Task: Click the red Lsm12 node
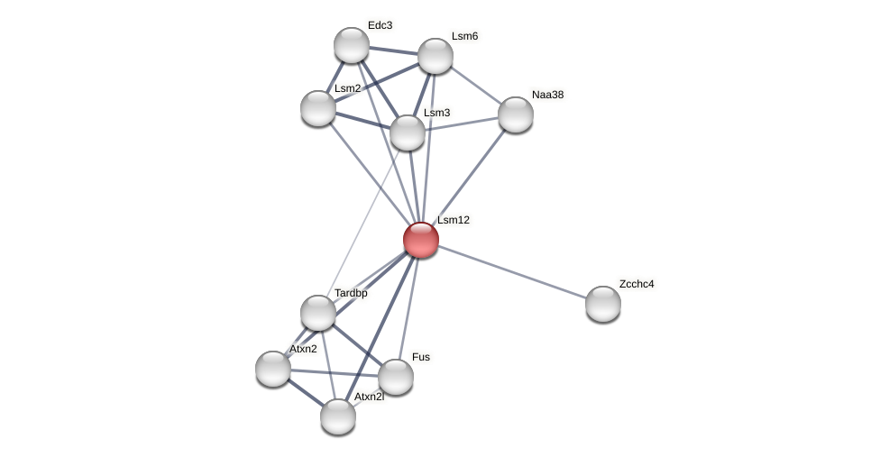[x=421, y=240]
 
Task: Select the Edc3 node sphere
[x=352, y=45]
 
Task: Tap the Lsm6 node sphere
[x=435, y=56]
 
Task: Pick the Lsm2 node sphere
[x=318, y=108]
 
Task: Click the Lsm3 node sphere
[x=408, y=133]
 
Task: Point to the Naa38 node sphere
[x=516, y=114]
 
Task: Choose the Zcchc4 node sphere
[x=603, y=304]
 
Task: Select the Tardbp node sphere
[x=318, y=313]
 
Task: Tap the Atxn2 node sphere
[x=273, y=369]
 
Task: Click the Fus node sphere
[x=396, y=377]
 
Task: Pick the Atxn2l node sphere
[x=338, y=416]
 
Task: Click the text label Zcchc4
[x=637, y=284]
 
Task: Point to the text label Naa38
[x=547, y=95]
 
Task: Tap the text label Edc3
[x=380, y=25]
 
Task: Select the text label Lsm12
[x=454, y=220]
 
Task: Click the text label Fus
[x=421, y=357]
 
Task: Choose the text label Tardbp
[x=351, y=293]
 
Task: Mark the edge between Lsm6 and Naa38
[x=476, y=86]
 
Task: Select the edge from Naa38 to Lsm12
[x=469, y=177]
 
